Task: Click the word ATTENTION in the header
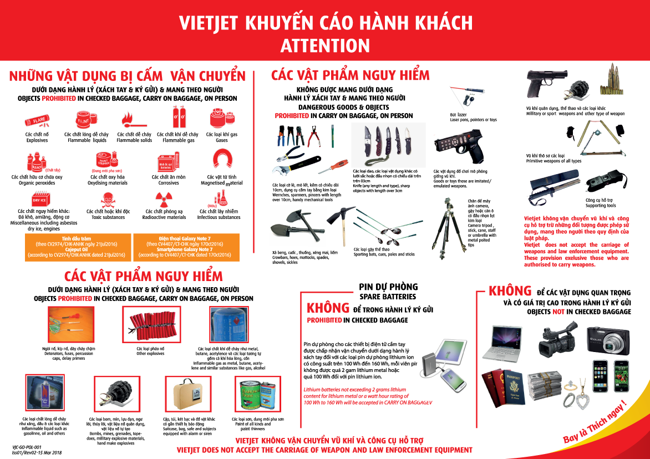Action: (x=324, y=45)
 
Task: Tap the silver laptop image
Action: (x=504, y=344)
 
